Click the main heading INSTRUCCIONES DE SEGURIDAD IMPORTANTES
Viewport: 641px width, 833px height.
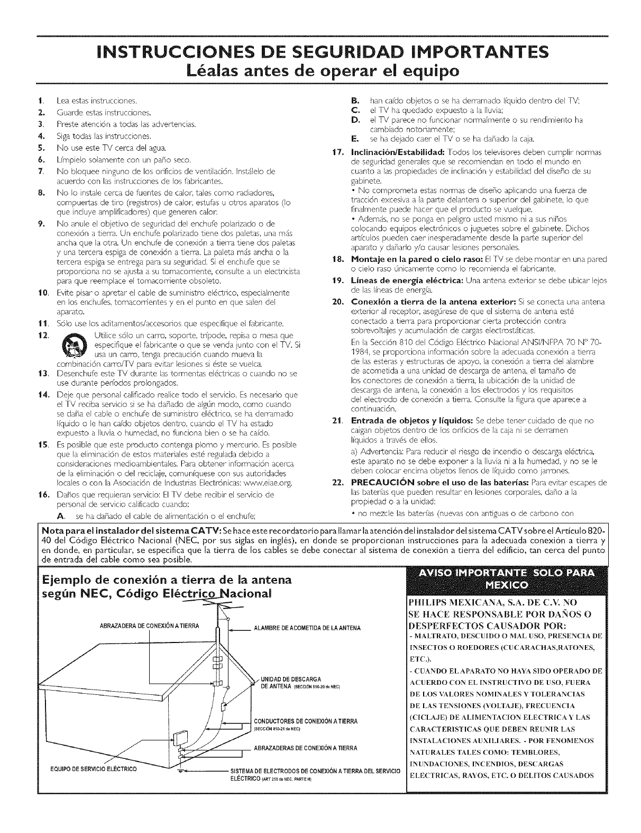(320, 52)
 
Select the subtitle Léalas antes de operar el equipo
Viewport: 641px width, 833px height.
(320, 70)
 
